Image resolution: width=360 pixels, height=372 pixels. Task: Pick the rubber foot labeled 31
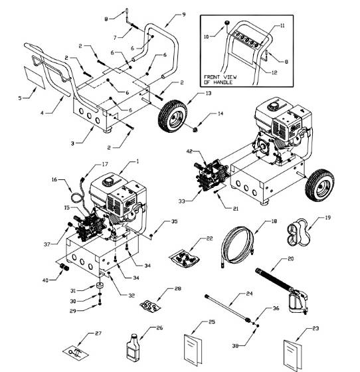100,286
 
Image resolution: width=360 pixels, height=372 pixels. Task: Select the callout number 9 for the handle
183,14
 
